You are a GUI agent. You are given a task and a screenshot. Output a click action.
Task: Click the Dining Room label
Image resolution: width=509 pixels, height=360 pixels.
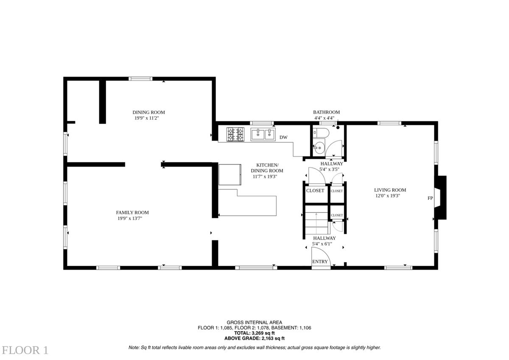[148, 112]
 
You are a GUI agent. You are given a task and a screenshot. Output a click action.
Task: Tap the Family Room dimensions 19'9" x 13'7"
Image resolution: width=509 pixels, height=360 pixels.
[130, 218]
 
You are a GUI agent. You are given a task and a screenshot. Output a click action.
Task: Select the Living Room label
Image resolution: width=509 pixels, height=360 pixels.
[390, 190]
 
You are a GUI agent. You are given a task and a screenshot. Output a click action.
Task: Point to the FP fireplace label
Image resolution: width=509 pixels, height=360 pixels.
[430, 198]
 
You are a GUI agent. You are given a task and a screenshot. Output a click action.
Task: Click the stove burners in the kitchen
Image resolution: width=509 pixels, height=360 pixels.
[235, 134]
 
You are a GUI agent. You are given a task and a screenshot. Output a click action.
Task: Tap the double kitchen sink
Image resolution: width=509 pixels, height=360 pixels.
[263, 134]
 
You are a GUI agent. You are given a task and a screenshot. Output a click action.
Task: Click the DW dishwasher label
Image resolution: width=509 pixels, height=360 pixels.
[283, 137]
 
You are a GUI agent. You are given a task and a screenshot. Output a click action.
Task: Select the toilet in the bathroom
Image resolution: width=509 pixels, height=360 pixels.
[321, 133]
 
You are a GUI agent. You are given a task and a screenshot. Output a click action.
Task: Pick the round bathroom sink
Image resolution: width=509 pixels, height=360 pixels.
[319, 148]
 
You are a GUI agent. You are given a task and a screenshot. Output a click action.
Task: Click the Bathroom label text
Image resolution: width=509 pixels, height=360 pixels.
[326, 112]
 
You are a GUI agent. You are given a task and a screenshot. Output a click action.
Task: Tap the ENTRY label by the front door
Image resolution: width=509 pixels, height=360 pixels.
[320, 262]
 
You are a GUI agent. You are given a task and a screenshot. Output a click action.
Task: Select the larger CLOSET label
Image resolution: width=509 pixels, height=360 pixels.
[315, 190]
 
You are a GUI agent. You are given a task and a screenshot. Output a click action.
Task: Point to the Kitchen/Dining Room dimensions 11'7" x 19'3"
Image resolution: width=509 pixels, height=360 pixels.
[265, 176]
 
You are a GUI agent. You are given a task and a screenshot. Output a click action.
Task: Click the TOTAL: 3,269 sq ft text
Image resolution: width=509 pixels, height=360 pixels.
[255, 333]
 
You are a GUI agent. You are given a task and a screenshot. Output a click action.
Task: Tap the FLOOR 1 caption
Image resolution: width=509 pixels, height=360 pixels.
[25, 350]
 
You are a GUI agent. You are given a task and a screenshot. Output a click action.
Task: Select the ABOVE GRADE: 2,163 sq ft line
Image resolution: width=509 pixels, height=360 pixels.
[255, 338]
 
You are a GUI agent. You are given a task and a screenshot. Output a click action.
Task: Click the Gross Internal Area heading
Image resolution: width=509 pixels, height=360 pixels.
[255, 322]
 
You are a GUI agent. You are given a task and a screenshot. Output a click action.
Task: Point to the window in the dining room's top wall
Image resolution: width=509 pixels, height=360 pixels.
[140, 79]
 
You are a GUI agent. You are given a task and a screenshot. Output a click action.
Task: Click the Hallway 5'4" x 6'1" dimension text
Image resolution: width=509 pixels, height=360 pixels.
[322, 244]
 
